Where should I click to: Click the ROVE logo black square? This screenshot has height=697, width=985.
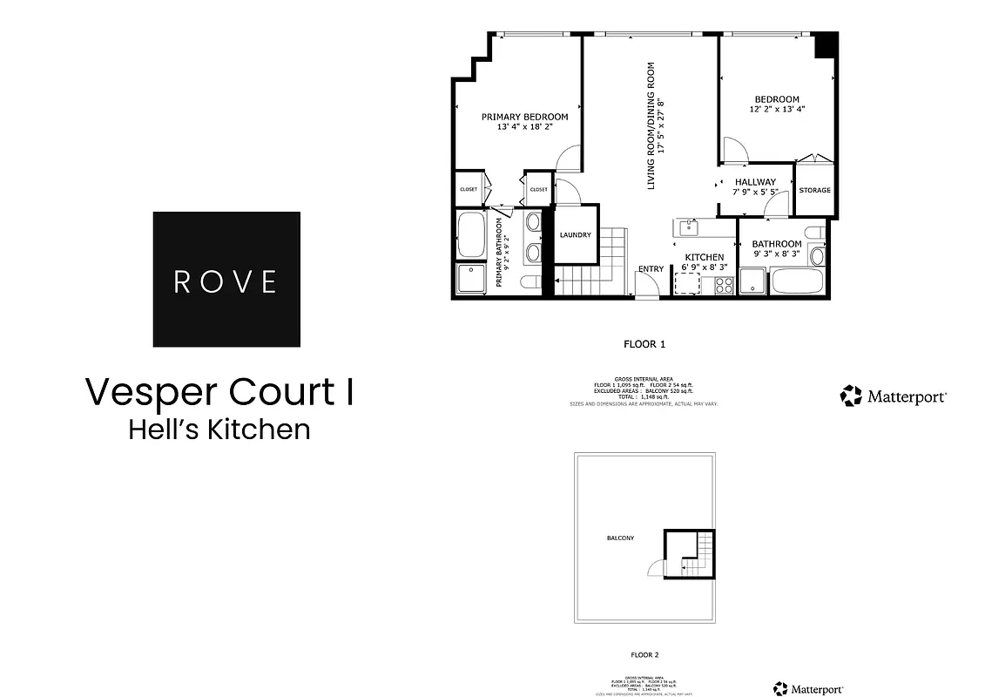coord(226,280)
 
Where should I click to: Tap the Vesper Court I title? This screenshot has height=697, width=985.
coord(219,392)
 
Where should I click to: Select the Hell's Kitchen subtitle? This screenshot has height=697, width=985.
coord(219,430)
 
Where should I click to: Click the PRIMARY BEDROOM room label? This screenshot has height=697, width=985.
coord(524,117)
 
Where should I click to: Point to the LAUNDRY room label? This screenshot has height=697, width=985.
coord(575,234)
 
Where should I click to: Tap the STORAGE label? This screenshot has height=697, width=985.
coord(814,190)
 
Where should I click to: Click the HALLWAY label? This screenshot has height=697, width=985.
coord(754,182)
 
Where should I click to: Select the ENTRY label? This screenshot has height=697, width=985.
coord(651,268)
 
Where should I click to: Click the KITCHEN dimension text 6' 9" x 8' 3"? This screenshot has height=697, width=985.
coord(704,268)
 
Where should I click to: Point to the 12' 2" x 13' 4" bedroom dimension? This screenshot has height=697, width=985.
coord(777,110)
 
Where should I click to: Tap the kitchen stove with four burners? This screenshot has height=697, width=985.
coord(724,284)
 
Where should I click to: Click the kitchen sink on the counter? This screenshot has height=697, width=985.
coord(689,227)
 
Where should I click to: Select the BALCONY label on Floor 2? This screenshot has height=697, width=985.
coord(620,538)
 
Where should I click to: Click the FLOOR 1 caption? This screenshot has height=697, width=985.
coord(644,344)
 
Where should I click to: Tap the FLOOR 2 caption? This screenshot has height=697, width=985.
coord(644,653)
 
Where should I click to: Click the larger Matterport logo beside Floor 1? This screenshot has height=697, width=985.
coord(894,396)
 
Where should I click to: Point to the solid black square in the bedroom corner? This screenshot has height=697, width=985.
coord(826,45)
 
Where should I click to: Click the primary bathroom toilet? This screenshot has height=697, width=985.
coord(529,281)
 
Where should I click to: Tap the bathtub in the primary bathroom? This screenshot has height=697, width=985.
coord(471,236)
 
